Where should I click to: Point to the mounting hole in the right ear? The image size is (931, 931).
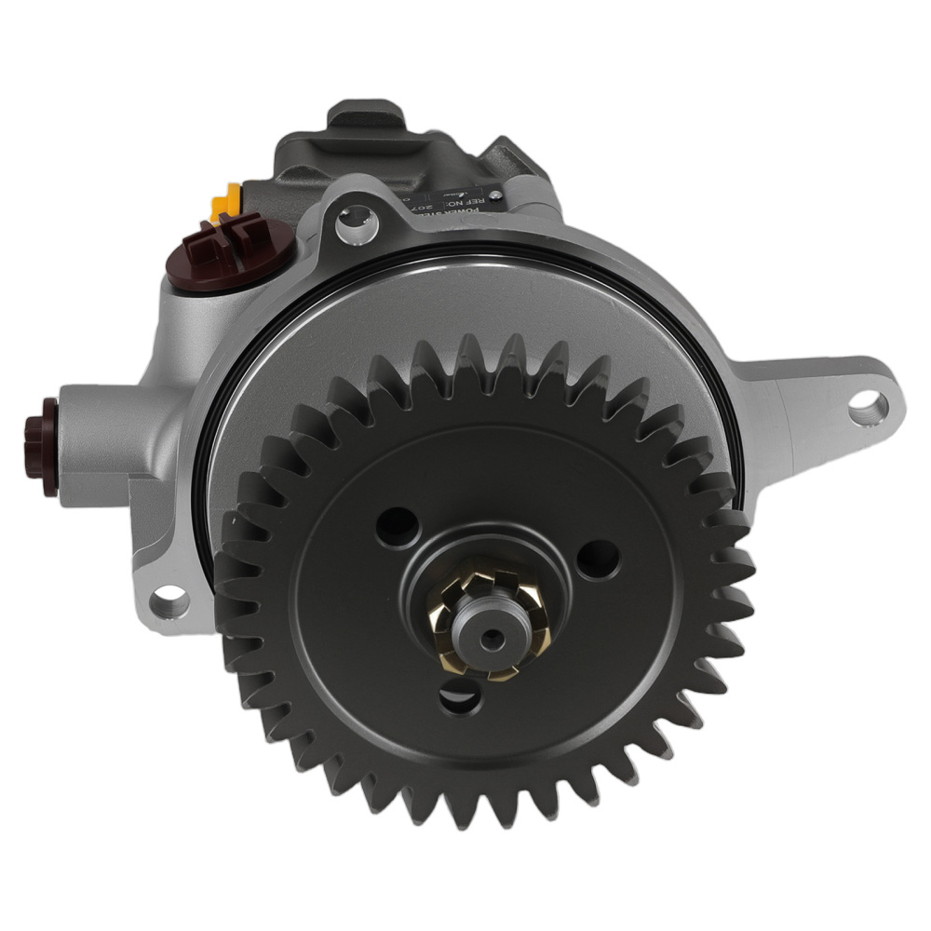868,406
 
